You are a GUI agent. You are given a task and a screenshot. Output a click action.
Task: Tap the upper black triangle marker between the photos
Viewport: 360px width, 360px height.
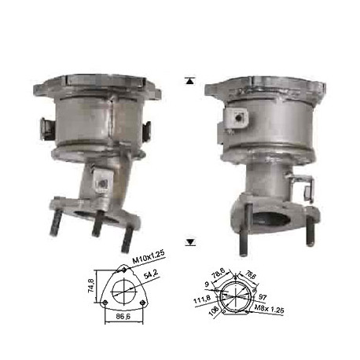click(x=189, y=79)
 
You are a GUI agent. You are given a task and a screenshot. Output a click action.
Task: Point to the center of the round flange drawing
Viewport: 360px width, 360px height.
click(x=234, y=295)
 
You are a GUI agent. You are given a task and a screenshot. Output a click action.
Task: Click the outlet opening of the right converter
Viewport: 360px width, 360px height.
click(x=274, y=217)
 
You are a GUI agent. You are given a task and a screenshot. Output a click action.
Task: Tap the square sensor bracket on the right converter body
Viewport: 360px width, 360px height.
click(x=236, y=116)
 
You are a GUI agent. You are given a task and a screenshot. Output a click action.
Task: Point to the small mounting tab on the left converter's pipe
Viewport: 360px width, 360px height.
click(x=101, y=181)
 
